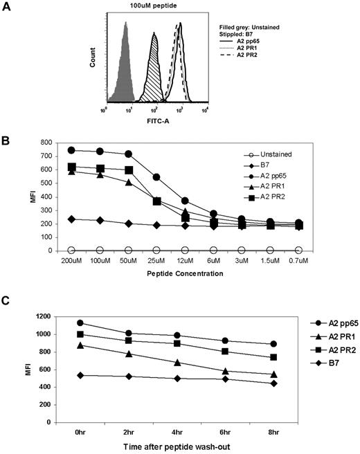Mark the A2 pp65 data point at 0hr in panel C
click(81, 323)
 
